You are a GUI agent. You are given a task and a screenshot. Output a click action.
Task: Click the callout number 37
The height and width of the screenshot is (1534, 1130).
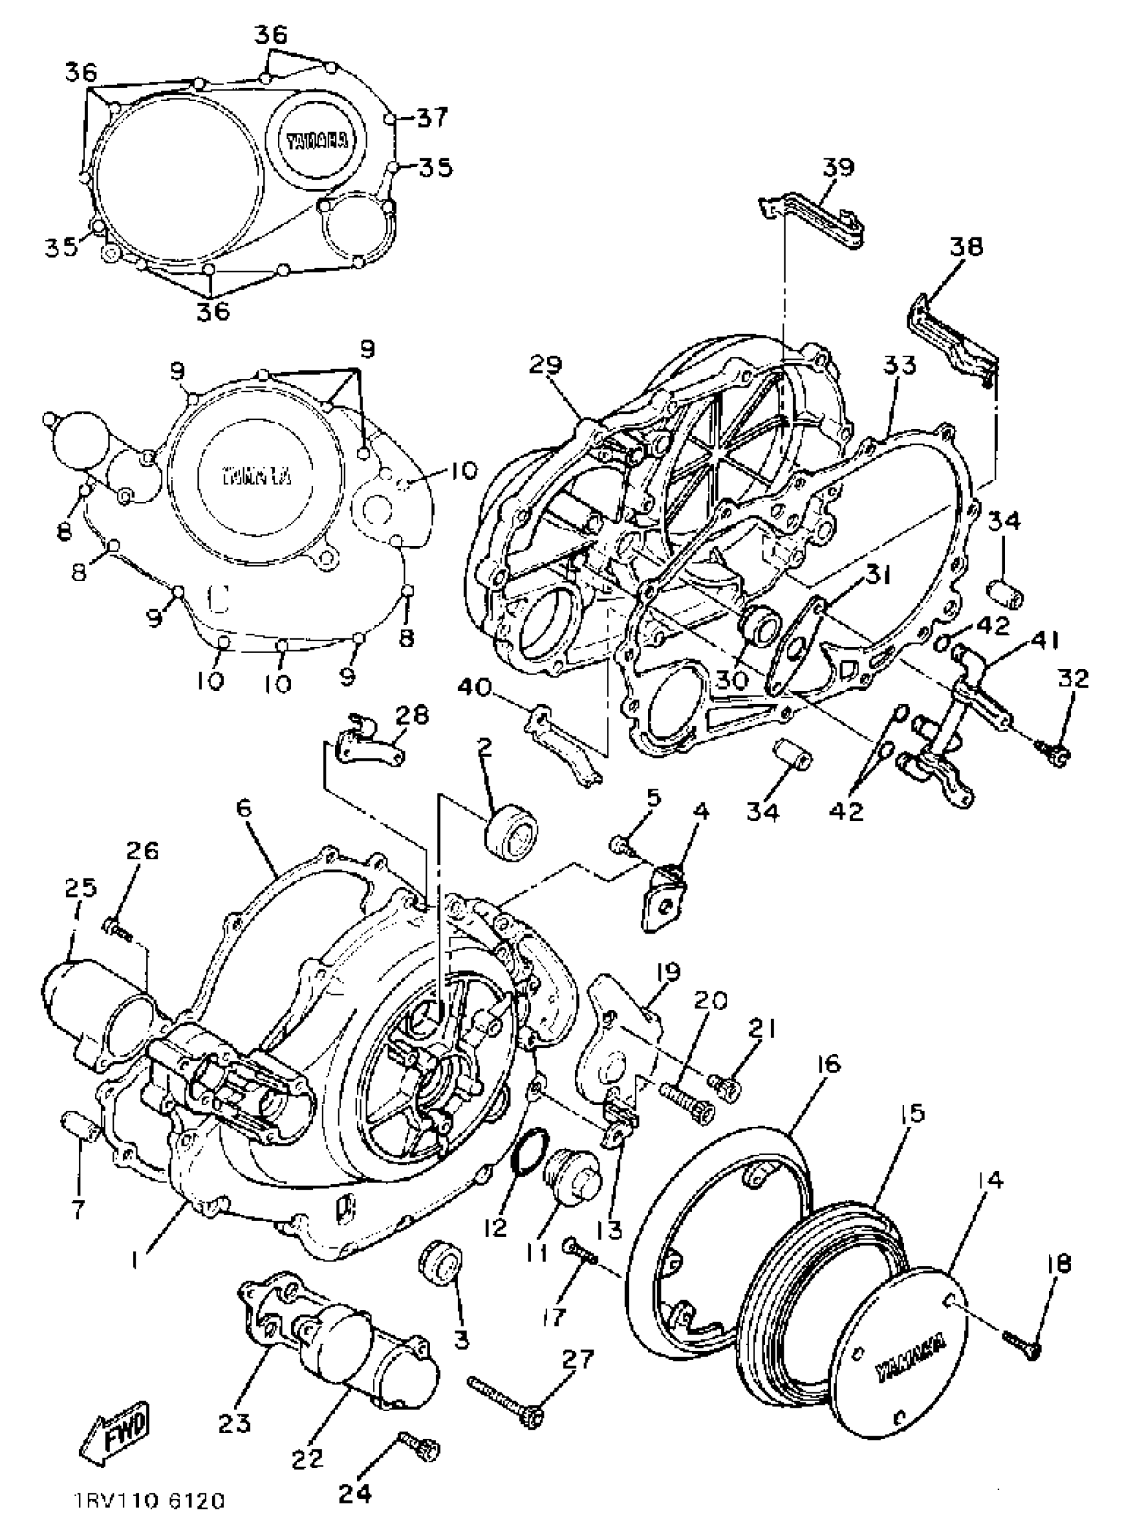click(432, 118)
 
